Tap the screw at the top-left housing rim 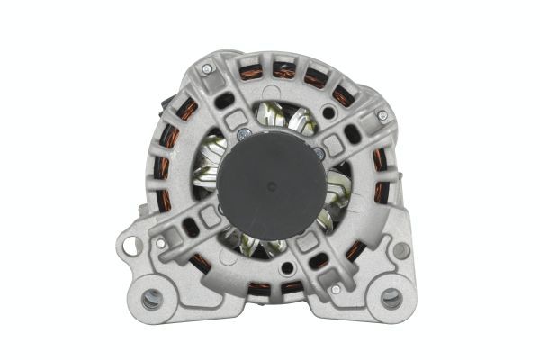point(208,68)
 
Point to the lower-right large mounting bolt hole point(391,299)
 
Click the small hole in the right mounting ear point(401,249)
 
